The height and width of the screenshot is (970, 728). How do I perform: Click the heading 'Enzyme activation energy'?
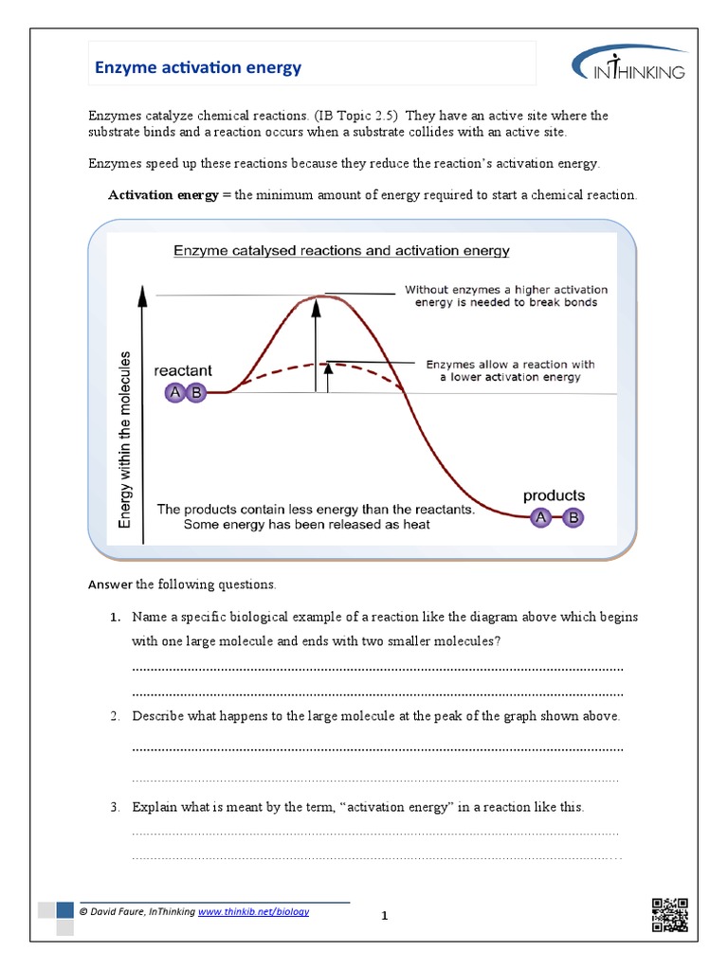[x=197, y=67]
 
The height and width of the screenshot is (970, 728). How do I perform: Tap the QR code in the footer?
[x=669, y=914]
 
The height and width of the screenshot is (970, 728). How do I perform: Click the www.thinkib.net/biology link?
[x=253, y=911]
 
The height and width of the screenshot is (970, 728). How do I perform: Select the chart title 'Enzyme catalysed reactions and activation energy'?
[x=341, y=251]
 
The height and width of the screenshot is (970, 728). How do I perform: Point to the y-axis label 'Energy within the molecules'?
[x=125, y=440]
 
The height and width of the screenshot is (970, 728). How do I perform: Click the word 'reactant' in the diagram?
[x=183, y=370]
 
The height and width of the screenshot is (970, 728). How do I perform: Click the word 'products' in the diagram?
[x=555, y=495]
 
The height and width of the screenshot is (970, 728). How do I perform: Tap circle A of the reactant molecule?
[x=174, y=392]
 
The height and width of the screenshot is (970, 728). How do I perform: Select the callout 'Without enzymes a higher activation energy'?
[x=506, y=296]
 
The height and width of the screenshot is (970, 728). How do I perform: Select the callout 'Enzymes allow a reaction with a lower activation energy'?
[x=510, y=370]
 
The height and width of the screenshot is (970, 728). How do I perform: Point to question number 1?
[x=114, y=617]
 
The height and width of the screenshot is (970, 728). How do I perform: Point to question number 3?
[x=114, y=808]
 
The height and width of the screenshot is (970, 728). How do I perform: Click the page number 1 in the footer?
[x=385, y=916]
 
